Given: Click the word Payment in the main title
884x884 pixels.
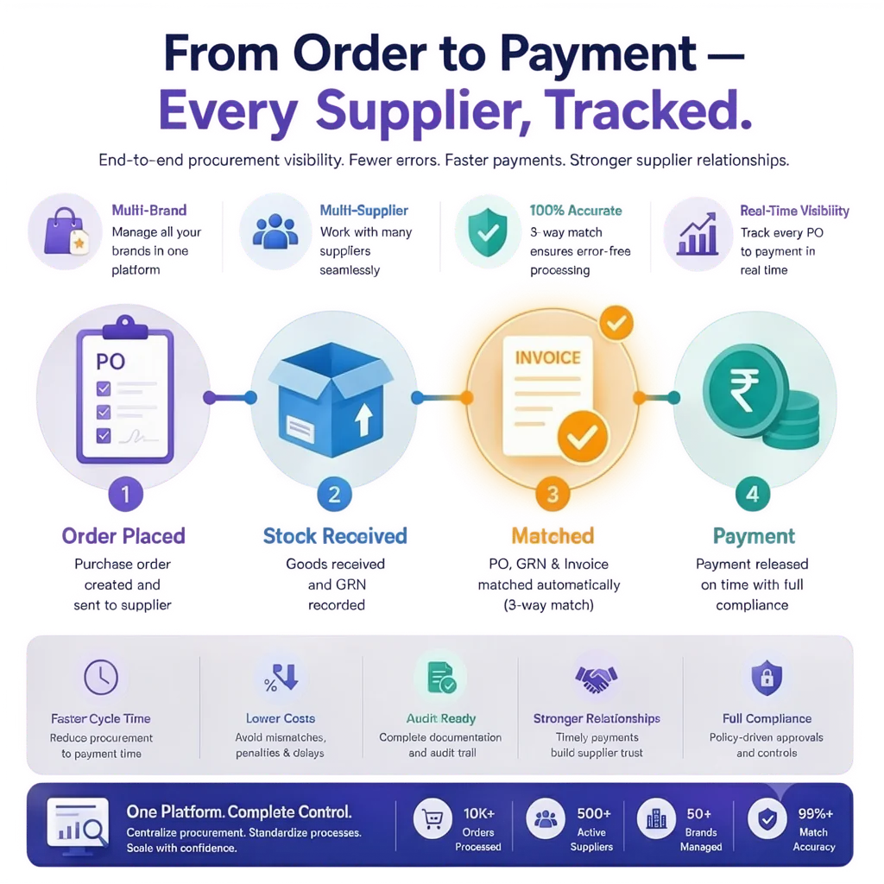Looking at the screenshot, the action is click(x=598, y=54).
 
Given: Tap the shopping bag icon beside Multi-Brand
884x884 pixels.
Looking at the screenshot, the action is click(x=66, y=231).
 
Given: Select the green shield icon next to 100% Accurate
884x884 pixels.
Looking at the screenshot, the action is click(x=488, y=231).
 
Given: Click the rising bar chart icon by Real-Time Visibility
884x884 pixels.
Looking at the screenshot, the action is click(x=698, y=233).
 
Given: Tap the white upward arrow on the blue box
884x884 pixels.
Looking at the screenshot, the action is click(x=363, y=419).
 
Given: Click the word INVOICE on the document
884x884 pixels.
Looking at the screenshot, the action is click(x=548, y=357).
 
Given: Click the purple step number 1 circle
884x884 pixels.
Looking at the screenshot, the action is click(x=125, y=495).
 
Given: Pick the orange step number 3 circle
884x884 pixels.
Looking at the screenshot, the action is click(x=552, y=495).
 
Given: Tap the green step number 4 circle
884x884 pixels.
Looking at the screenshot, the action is click(x=753, y=495).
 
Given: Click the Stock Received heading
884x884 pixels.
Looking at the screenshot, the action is click(x=335, y=536).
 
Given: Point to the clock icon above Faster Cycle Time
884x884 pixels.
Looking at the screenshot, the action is click(x=101, y=677).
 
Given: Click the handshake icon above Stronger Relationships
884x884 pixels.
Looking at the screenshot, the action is click(x=597, y=679).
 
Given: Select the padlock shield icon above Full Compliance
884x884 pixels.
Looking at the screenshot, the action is click(x=767, y=678).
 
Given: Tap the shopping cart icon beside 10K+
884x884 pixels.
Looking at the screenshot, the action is click(x=433, y=818).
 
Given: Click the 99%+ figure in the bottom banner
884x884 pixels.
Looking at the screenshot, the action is click(x=815, y=813).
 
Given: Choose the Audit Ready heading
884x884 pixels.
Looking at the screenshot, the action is click(x=441, y=718).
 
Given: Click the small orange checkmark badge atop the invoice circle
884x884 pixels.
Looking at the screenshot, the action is click(x=616, y=323).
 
